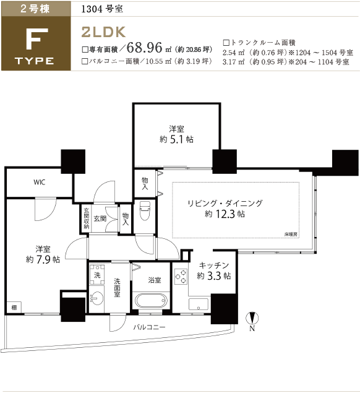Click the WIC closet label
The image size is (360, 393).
pyautogui.click(x=40, y=182)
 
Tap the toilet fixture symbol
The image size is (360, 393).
pyautogui.click(x=145, y=211)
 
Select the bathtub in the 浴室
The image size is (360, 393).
pyautogui.click(x=150, y=301)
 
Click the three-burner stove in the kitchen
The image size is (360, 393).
pyautogui.click(x=181, y=277)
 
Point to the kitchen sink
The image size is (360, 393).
pyautogui.click(x=198, y=304)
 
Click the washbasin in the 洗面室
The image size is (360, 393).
pyautogui.click(x=96, y=298)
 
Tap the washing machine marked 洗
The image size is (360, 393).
pyautogui.click(x=97, y=274)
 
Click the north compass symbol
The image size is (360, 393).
pyautogui.click(x=252, y=319)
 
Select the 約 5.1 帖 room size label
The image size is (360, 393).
pyautogui.click(x=176, y=139)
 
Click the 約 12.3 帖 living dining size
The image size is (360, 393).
pyautogui.click(x=225, y=214)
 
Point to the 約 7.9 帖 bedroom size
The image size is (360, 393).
pyautogui.click(x=43, y=259)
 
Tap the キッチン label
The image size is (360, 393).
pyautogui.click(x=213, y=265)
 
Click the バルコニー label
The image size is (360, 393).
pyautogui.click(x=149, y=327)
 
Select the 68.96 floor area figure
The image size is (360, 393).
pyautogui.click(x=145, y=48)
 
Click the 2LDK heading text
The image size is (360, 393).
pyautogui.click(x=103, y=32)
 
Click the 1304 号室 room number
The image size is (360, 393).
pyautogui.click(x=102, y=9)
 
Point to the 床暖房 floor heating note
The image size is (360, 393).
pyautogui.click(x=291, y=235)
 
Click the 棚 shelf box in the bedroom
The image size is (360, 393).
pyautogui.click(x=14, y=307)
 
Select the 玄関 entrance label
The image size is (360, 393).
pyautogui.click(x=100, y=218)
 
